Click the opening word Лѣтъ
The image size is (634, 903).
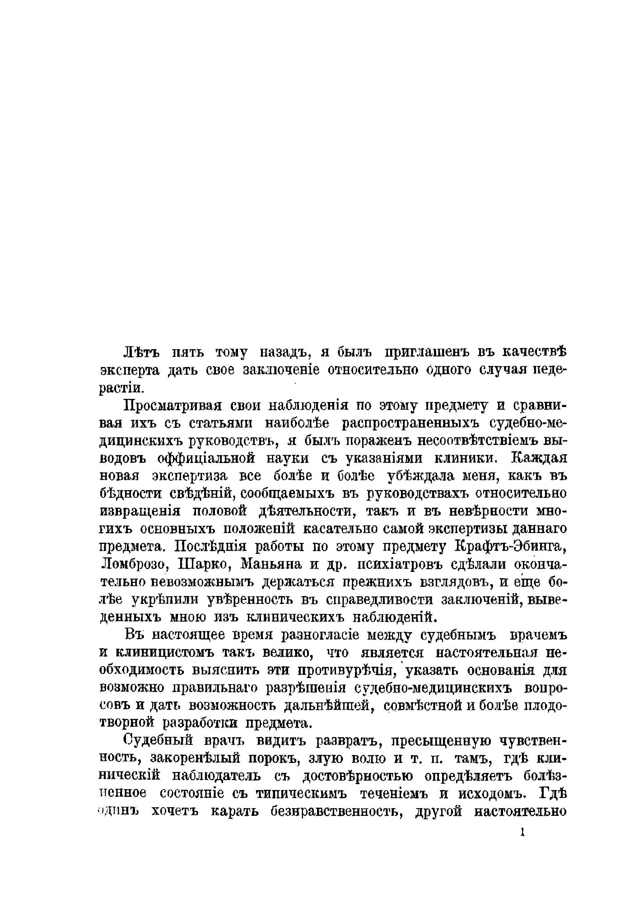(x=138, y=351)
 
